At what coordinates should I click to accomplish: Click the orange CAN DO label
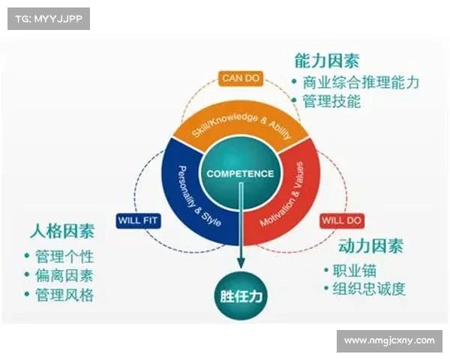(241, 78)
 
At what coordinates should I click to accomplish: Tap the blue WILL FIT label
(138, 220)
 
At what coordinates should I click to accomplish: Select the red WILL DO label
(342, 220)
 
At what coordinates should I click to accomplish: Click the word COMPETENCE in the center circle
(240, 174)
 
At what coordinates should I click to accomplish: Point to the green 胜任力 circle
(241, 296)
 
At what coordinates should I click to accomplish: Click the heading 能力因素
(327, 61)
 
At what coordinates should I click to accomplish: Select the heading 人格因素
(62, 230)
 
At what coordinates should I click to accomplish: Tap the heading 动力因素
(370, 246)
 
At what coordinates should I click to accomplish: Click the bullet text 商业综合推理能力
(361, 82)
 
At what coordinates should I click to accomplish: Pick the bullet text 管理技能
(331, 101)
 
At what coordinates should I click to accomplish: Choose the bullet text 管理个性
(64, 256)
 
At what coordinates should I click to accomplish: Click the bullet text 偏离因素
(64, 275)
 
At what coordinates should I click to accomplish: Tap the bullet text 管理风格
(64, 295)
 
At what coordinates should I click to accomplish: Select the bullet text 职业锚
(355, 271)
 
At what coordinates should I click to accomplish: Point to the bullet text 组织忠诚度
(369, 289)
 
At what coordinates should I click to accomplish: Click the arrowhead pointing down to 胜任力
(241, 262)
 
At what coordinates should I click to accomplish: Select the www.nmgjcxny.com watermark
(389, 340)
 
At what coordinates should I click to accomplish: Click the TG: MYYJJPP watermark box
(49, 19)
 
